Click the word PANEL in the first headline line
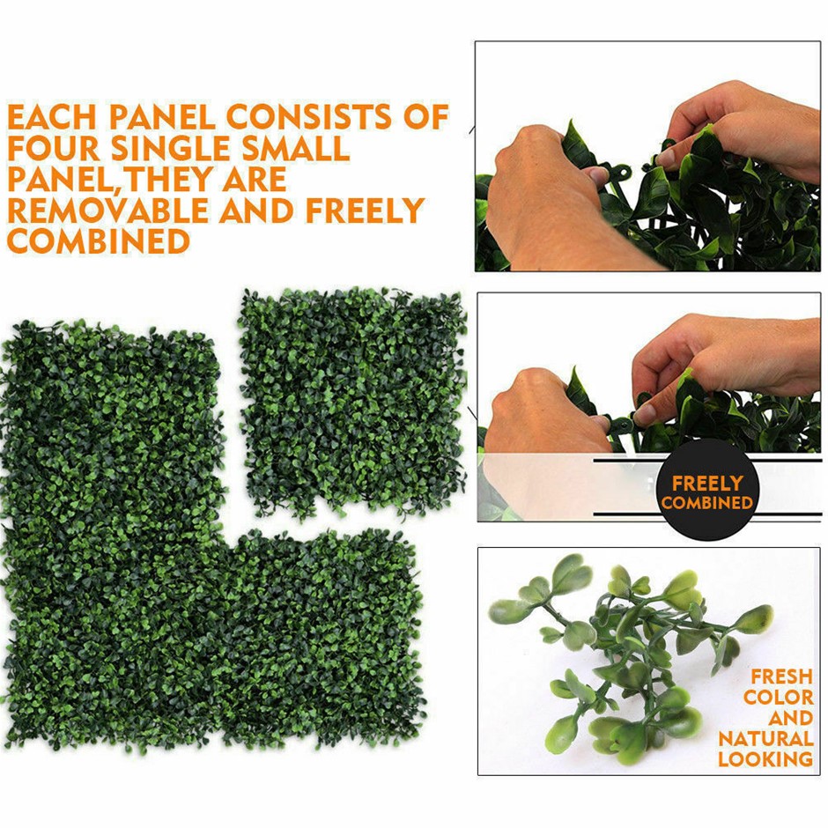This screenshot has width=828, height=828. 162,116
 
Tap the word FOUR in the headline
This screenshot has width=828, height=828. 54,148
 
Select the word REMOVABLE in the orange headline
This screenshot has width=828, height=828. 107,211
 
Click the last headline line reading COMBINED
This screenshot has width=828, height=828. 99,240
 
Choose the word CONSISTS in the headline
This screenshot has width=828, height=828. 309,116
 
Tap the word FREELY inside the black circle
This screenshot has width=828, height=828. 707,484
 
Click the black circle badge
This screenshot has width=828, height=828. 707,491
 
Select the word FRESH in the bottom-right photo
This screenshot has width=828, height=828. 781,676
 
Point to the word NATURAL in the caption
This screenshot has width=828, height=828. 765,738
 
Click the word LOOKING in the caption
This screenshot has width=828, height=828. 765,758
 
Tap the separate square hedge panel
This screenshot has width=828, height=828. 352,403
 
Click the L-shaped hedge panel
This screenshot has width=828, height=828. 211,536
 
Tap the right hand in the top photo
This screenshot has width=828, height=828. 739,127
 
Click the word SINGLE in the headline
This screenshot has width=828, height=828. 171,148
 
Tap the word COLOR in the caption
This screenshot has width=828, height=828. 779,697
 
